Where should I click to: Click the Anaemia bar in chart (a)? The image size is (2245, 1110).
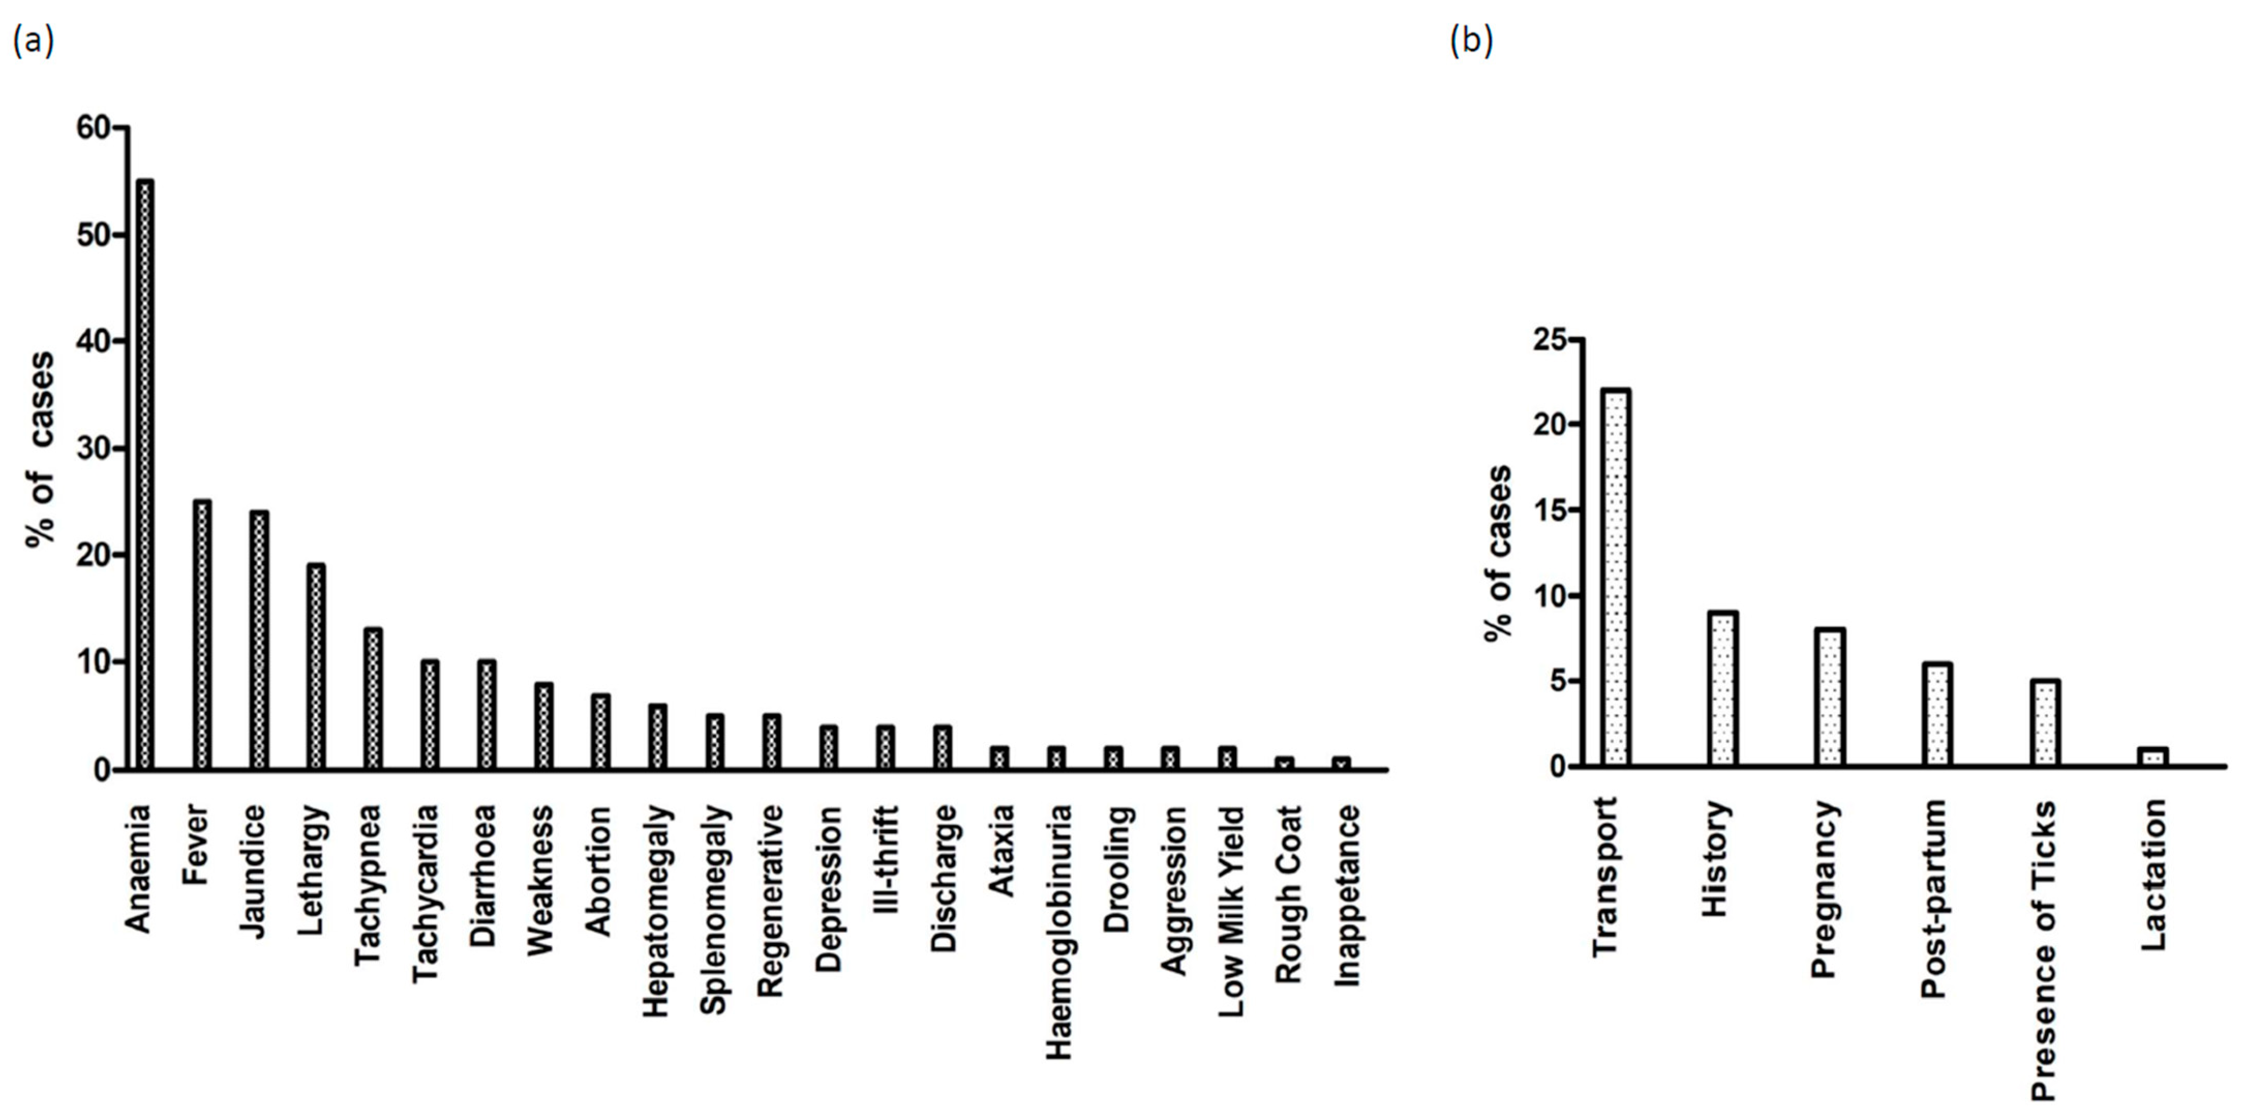[145, 475]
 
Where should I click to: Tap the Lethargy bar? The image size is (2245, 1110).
[316, 666]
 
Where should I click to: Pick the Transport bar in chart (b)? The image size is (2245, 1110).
[1615, 577]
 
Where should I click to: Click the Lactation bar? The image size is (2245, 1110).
[2152, 757]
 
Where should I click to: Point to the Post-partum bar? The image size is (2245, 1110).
[1936, 714]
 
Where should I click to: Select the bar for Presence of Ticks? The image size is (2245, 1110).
[2044, 723]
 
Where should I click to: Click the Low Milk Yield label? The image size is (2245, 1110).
[1231, 910]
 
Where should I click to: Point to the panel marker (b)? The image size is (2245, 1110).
[1471, 41]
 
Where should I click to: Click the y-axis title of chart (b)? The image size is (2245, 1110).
[1499, 553]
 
